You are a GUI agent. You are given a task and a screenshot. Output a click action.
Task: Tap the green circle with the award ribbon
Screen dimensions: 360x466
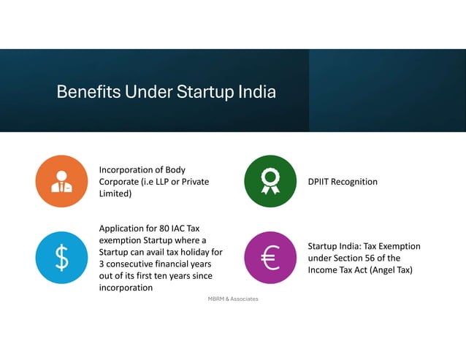point(270,182)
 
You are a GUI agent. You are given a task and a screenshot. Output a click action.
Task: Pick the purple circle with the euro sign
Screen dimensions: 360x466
point(270,258)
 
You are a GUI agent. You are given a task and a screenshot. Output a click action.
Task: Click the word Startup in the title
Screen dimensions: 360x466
point(205,93)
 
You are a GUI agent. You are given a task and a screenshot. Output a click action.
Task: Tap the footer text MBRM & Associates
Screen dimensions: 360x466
point(233,299)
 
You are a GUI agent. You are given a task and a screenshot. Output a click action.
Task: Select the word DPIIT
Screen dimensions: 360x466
point(321,182)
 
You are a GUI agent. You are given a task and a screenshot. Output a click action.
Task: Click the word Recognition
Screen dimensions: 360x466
point(356,182)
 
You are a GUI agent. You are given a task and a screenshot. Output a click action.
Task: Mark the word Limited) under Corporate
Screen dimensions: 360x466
point(115,194)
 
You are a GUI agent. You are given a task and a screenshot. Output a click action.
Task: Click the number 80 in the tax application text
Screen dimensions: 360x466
point(158,229)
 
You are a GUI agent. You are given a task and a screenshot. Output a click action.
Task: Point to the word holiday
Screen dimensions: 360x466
point(194,252)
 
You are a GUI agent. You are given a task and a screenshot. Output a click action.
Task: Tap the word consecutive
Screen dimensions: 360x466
point(131,264)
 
